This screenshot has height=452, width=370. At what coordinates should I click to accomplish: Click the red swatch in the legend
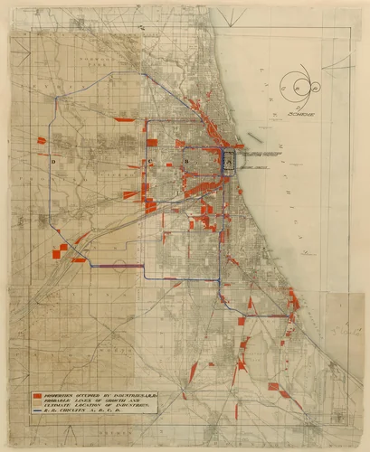coord(37,396)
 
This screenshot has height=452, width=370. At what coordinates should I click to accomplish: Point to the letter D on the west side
coord(54,160)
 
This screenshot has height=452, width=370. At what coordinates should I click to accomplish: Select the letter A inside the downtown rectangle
coord(229,160)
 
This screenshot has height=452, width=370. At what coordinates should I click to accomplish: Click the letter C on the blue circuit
coord(150,162)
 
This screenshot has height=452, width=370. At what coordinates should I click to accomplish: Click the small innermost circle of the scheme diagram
coord(299,87)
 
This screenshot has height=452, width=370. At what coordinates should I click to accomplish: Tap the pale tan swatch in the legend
coord(37,404)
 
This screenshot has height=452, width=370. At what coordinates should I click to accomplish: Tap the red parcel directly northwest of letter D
coord(41,140)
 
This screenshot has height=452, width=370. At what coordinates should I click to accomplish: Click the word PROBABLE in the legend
coord(59,402)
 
